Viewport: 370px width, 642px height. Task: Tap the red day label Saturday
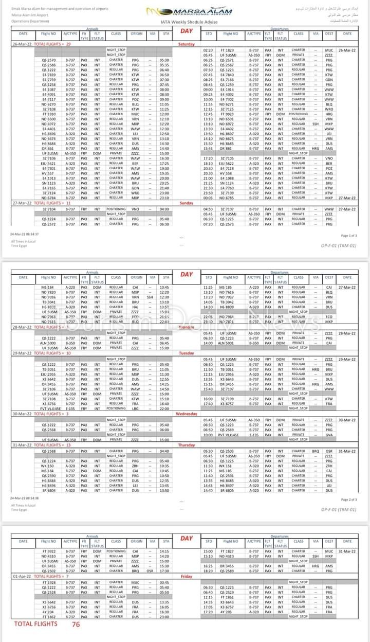click(186, 44)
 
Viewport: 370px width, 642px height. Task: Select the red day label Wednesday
click(186, 414)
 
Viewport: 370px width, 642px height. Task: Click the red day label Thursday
click(186, 444)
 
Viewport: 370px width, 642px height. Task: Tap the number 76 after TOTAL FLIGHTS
click(76, 625)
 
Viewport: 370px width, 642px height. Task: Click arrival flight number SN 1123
click(49, 183)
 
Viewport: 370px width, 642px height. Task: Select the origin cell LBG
click(136, 408)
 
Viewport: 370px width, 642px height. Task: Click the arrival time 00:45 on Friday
click(164, 582)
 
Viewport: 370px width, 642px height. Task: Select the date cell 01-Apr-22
click(23, 577)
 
